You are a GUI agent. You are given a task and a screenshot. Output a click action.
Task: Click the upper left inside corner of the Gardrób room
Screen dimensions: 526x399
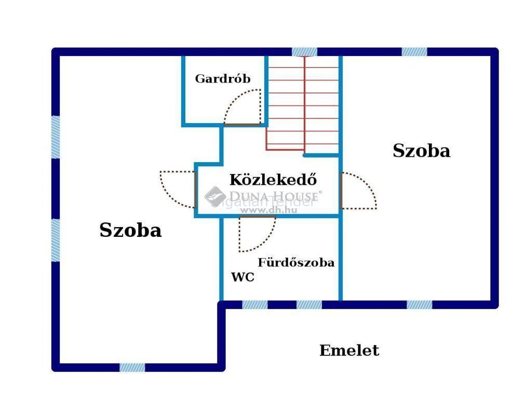tap(185, 57)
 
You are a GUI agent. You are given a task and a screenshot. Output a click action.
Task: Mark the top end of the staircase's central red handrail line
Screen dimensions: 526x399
tap(305, 57)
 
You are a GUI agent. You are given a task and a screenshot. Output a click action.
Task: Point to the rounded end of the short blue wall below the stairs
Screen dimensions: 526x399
tap(305, 155)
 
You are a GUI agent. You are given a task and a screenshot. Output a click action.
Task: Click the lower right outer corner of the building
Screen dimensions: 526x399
tap(498, 308)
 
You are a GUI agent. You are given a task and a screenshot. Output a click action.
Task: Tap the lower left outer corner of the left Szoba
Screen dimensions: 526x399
tap(52, 371)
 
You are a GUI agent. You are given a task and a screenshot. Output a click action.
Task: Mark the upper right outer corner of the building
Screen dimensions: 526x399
tap(498, 48)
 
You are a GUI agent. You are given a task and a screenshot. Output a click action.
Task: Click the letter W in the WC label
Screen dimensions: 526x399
tap(237, 277)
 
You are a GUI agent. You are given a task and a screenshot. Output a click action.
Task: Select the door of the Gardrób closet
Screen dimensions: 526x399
tap(242, 107)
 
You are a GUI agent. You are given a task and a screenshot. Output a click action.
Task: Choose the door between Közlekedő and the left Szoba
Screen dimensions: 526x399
tap(178, 190)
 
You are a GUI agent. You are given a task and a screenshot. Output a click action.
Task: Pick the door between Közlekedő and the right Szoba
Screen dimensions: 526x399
tap(358, 191)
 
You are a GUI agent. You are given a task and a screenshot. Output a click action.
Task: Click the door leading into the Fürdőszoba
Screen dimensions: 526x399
tap(258, 234)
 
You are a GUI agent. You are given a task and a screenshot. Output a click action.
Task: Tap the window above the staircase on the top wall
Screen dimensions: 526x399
tap(304, 52)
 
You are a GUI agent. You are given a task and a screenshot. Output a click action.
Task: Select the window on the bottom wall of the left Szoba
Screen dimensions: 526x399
tap(132, 367)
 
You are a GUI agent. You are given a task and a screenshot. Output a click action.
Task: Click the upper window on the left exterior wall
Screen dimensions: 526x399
tap(56, 137)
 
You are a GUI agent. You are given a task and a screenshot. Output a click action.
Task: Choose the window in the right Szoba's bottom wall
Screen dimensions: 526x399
tap(420, 304)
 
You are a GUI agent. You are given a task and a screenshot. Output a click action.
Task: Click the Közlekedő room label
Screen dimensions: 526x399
tap(273, 180)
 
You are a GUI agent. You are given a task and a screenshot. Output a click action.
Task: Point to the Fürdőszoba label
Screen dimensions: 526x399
tap(296, 262)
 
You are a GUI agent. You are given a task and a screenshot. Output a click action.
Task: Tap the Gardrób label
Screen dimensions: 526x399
tap(223, 78)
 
